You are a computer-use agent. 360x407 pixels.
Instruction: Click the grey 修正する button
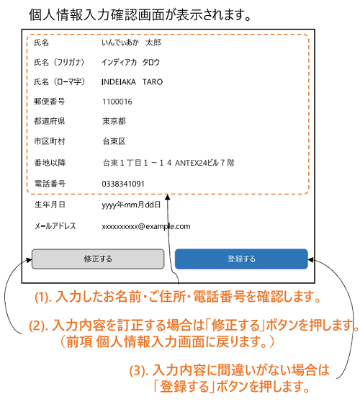[x=98, y=259]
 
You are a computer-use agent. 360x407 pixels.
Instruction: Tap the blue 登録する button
[x=241, y=259]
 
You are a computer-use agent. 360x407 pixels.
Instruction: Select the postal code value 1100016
[x=117, y=102]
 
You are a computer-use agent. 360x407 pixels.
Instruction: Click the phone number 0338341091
[x=123, y=184]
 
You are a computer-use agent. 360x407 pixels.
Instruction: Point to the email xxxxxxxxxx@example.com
[x=146, y=226]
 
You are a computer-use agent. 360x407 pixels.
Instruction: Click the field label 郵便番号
[x=49, y=102]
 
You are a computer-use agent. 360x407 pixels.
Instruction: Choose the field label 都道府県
[x=49, y=121]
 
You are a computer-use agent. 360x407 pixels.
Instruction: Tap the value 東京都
[x=114, y=121]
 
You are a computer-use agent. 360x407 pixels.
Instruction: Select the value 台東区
[x=114, y=141]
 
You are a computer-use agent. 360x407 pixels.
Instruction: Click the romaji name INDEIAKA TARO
[x=132, y=82]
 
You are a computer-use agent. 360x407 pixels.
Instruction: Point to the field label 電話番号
[x=50, y=184]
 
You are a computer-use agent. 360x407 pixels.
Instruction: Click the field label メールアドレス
[x=55, y=225]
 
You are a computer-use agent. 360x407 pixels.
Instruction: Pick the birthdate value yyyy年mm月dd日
[x=131, y=205]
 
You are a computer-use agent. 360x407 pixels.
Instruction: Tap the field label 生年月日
[x=50, y=205]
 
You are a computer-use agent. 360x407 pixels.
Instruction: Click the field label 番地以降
[x=50, y=163]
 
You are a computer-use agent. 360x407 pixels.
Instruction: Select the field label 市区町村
[x=49, y=141]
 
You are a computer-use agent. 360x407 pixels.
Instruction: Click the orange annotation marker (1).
[x=43, y=298]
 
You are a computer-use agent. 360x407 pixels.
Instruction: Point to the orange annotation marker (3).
[x=138, y=370]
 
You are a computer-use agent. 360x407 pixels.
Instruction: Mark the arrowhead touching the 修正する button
[x=29, y=259]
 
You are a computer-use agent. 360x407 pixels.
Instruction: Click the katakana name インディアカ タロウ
[x=130, y=62]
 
